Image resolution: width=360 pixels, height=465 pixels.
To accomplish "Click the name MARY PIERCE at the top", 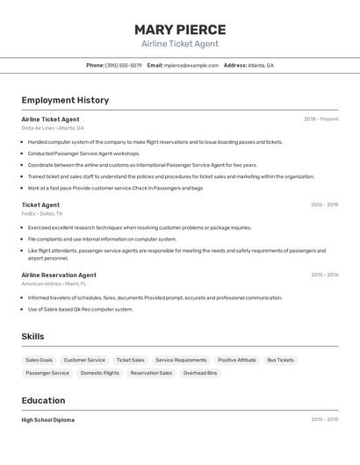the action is [180, 29].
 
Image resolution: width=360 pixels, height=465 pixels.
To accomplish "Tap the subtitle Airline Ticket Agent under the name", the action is [180, 44].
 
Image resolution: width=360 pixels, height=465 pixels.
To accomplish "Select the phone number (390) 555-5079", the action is [123, 65].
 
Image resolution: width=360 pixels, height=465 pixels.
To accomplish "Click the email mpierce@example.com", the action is [191, 65].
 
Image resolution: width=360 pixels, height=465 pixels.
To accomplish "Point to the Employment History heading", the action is [65, 100].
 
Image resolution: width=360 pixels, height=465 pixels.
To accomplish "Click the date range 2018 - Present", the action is [320, 119].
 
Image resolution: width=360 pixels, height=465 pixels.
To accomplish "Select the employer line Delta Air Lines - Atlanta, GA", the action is [53, 128].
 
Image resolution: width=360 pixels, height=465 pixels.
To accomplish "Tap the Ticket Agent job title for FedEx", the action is [40, 204].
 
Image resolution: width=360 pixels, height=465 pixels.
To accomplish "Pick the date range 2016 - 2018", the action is [324, 204].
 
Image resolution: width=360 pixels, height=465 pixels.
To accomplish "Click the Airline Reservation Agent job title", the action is [59, 275].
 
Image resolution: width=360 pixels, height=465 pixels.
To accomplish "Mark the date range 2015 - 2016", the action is [324, 275].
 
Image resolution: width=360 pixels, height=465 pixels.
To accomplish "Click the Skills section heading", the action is [32, 337].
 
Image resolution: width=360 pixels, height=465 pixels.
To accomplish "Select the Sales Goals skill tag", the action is [39, 360].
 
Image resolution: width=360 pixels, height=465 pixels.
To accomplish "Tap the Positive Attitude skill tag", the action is [237, 360].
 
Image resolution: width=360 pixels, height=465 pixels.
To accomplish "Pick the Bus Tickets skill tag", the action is [280, 360].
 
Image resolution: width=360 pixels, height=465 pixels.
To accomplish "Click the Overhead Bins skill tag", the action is [200, 373].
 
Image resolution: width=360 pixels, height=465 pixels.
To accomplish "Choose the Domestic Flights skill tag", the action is [99, 373].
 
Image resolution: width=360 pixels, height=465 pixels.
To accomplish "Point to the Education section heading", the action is [45, 401].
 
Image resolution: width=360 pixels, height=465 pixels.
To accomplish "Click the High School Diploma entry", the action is [47, 420].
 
